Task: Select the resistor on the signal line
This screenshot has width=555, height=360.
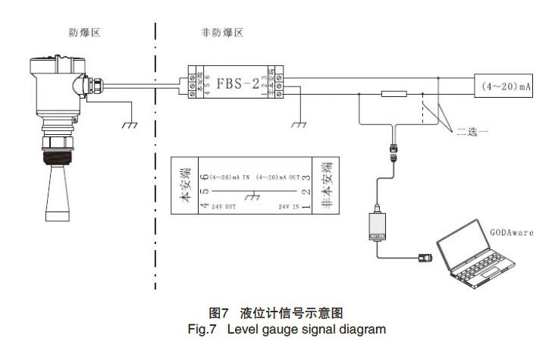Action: point(394,95)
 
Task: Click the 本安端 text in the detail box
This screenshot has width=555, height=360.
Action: point(185,186)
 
